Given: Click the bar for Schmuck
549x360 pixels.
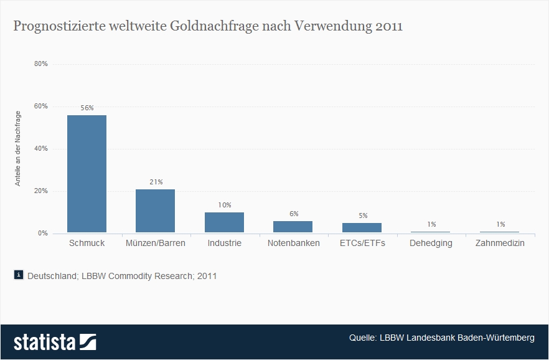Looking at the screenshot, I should click(87, 174).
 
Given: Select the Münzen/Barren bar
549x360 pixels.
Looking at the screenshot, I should click(155, 211).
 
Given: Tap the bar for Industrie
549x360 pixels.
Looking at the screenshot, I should click(224, 222).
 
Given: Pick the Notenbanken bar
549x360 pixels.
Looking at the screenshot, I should click(293, 227).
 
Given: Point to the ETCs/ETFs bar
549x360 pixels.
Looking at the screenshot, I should click(362, 228).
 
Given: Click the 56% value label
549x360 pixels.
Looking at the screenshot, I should click(87, 108).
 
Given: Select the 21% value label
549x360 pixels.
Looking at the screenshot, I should click(156, 182).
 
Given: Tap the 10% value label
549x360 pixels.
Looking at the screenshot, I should click(225, 205).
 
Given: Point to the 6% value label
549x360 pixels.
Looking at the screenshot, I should click(294, 214).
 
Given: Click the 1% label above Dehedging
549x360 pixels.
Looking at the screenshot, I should click(431, 224).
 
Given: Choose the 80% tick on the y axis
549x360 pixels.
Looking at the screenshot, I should click(41, 64).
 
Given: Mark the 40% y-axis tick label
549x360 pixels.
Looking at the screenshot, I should click(41, 149).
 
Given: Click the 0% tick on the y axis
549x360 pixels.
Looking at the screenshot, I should click(42, 234).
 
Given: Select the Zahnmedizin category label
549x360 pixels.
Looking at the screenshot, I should click(500, 244).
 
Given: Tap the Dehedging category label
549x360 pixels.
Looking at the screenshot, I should click(431, 244).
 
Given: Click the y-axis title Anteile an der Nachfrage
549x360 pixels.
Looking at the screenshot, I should click(19, 148).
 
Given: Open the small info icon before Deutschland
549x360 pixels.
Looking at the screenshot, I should click(19, 275).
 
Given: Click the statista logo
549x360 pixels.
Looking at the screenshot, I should click(55, 342).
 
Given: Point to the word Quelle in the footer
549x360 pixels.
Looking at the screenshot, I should click(362, 338).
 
